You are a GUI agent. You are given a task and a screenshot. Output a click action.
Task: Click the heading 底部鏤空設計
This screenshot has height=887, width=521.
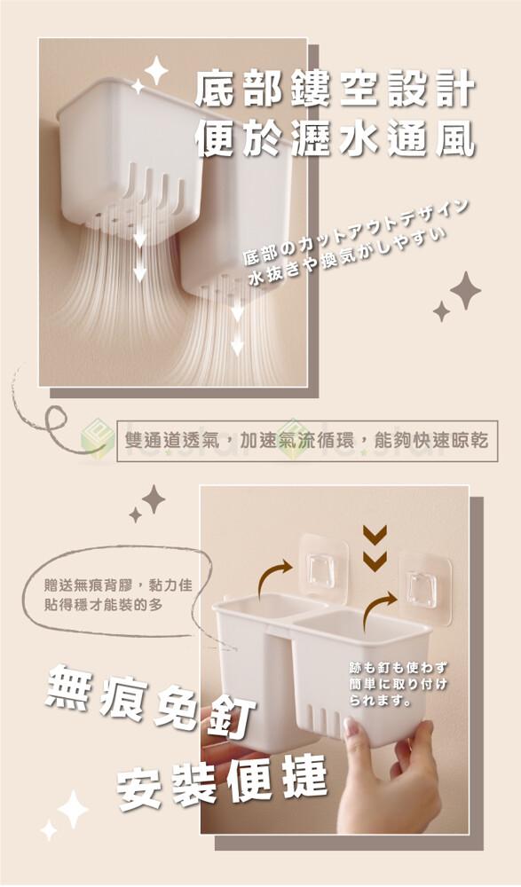click(x=335, y=89)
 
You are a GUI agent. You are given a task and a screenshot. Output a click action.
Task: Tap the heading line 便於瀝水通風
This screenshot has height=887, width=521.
click(x=335, y=139)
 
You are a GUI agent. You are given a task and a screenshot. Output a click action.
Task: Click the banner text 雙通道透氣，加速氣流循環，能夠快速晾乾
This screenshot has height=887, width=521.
click(x=306, y=441)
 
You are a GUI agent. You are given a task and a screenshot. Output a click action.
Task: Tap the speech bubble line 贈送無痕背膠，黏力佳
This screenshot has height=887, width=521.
click(x=118, y=585)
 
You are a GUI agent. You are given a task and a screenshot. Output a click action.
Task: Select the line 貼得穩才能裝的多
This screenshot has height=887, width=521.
click(x=104, y=605)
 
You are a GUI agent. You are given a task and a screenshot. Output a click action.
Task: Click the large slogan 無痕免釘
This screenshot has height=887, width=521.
click(x=151, y=701)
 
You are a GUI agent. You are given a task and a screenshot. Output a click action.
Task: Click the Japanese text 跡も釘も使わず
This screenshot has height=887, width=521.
click(x=399, y=669)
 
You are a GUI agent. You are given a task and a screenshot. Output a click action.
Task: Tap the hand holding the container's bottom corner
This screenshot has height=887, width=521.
click(x=391, y=781)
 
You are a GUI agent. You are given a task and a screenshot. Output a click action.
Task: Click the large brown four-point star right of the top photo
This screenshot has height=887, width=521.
click(x=465, y=290)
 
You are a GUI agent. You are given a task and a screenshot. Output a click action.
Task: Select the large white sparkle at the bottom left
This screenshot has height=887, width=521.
click(x=73, y=809)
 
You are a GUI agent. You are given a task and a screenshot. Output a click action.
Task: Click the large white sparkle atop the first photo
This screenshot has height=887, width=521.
click(x=156, y=70)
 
